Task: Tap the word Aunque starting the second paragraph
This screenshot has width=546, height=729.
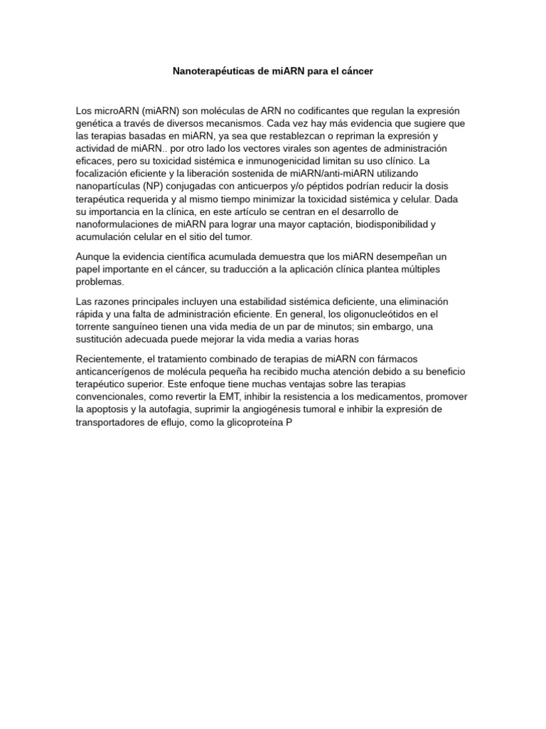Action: coord(93,256)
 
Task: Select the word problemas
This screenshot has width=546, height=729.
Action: coord(100,281)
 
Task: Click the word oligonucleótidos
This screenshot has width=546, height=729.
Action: coord(385,314)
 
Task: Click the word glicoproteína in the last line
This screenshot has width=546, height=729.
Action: coord(252,422)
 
